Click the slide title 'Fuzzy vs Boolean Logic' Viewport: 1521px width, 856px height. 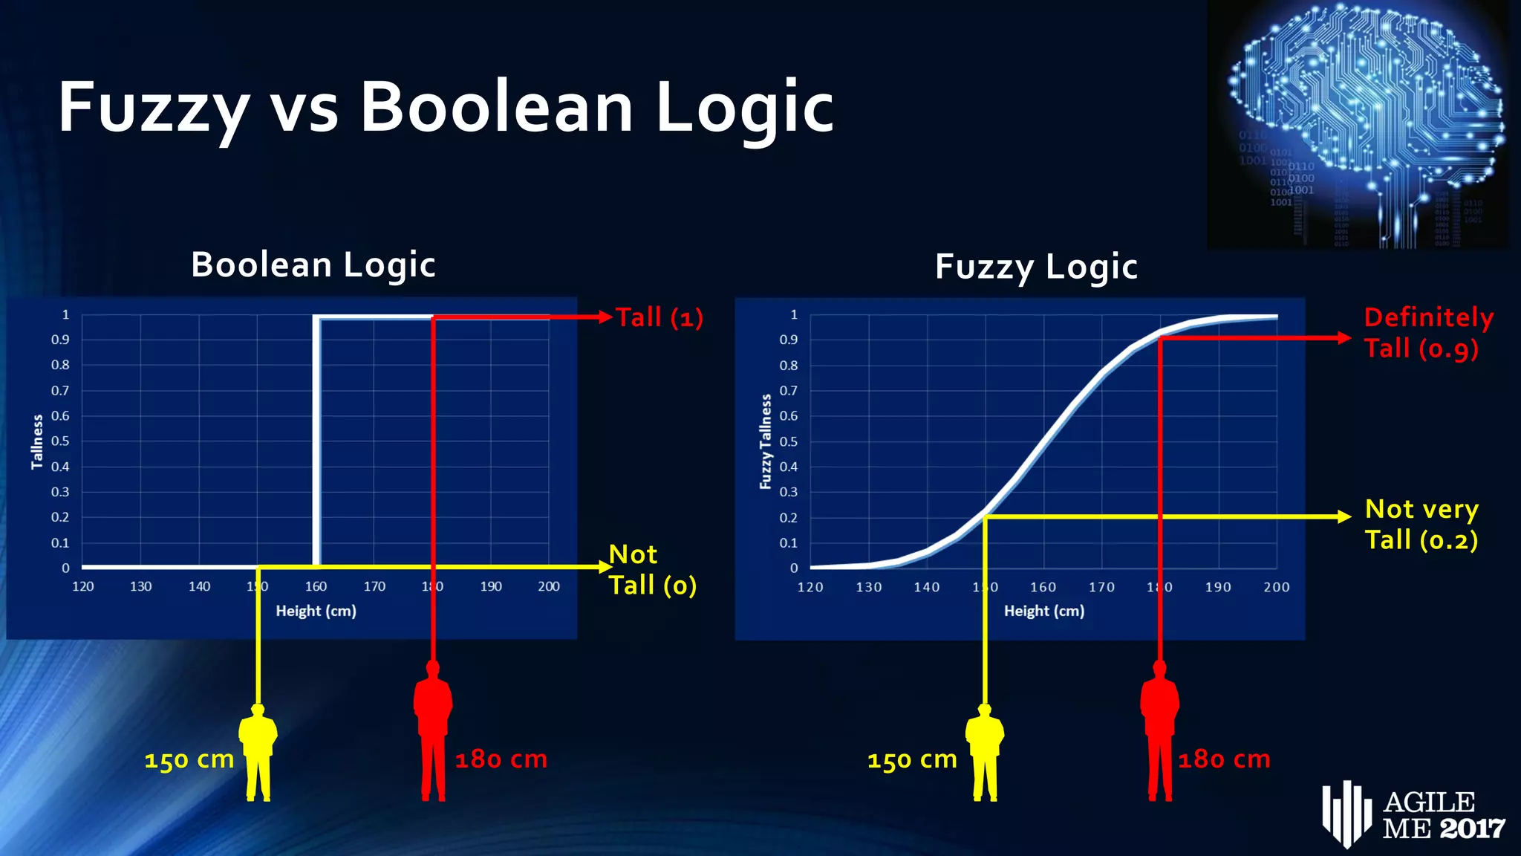tap(446, 108)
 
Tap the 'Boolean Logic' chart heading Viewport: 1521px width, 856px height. tap(313, 265)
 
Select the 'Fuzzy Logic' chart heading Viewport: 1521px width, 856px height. tap(1036, 267)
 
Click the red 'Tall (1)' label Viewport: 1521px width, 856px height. tap(659, 318)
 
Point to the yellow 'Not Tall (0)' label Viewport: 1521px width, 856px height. tap(652, 570)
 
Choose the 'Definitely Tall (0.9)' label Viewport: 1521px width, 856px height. tap(1427, 333)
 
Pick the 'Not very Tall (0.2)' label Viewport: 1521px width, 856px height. tap(1421, 525)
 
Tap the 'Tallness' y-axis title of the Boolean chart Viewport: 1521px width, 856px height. tap(37, 442)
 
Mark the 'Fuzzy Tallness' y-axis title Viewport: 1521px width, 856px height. tap(766, 442)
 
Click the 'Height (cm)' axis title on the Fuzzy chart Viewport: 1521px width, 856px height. tap(1044, 611)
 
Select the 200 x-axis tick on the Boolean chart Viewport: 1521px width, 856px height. tap(549, 586)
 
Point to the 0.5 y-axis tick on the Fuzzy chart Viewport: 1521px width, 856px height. tap(789, 441)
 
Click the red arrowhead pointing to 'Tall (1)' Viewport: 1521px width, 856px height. tap(605, 317)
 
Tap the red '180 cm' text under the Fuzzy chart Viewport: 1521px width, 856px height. tap(1224, 759)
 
